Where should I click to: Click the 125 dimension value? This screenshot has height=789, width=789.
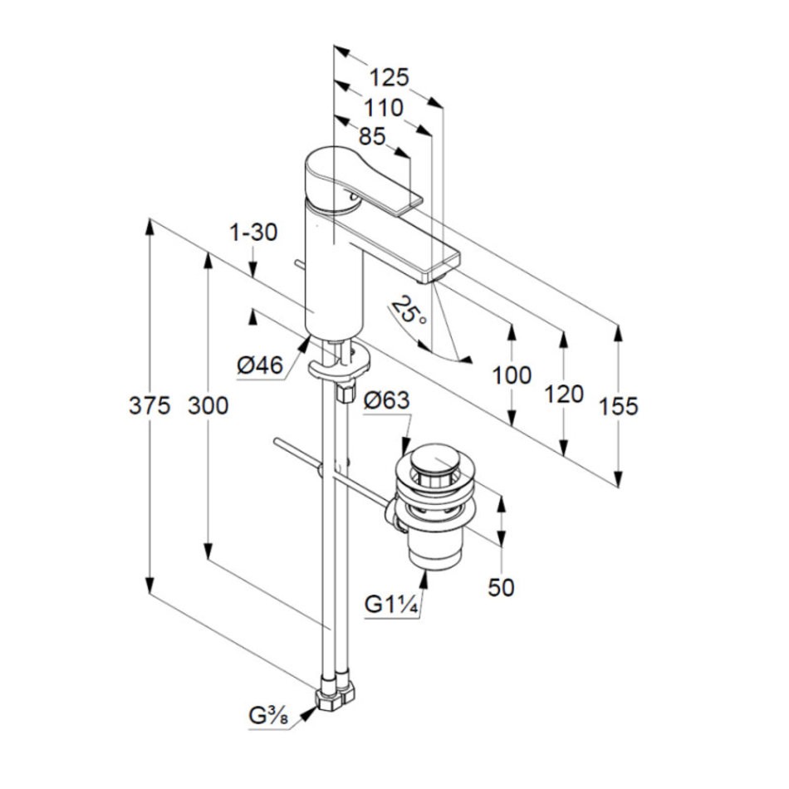pos(390,78)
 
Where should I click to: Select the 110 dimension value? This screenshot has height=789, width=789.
pos(382,107)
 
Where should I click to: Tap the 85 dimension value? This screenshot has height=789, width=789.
pos(372,136)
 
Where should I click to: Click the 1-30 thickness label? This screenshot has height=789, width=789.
pos(252,233)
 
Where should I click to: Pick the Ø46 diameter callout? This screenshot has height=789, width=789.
pos(259,365)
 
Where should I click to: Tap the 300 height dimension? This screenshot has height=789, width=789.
pos(208,406)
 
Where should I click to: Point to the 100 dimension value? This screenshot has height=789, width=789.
pos(512,375)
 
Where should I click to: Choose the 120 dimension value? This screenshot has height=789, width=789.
pos(565,394)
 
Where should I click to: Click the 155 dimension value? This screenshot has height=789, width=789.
pos(618,406)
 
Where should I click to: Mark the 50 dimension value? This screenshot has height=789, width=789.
pos(501,587)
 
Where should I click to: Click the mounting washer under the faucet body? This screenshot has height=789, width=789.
pos(339,365)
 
